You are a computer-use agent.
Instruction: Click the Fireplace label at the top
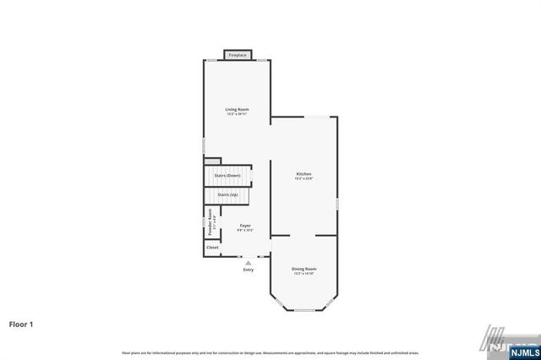click(238, 56)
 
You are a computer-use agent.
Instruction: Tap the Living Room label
click(237, 109)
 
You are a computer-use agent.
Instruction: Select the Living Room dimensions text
click(237, 114)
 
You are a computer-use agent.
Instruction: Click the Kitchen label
click(303, 174)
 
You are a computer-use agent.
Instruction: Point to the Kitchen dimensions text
click(303, 179)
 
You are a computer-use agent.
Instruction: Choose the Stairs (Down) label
click(227, 175)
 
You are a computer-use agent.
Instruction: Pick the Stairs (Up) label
click(227, 195)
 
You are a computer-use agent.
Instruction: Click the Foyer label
click(245, 225)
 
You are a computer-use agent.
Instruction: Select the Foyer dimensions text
click(245, 230)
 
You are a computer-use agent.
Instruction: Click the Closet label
click(212, 248)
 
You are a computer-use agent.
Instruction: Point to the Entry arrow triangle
click(248, 263)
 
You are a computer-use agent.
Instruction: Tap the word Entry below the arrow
click(248, 270)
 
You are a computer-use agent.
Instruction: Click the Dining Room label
click(304, 268)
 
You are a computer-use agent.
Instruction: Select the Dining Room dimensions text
click(304, 273)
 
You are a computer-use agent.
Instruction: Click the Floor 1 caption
click(21, 324)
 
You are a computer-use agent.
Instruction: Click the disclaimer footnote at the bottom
click(270, 352)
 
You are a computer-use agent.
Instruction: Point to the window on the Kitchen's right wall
click(337, 204)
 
